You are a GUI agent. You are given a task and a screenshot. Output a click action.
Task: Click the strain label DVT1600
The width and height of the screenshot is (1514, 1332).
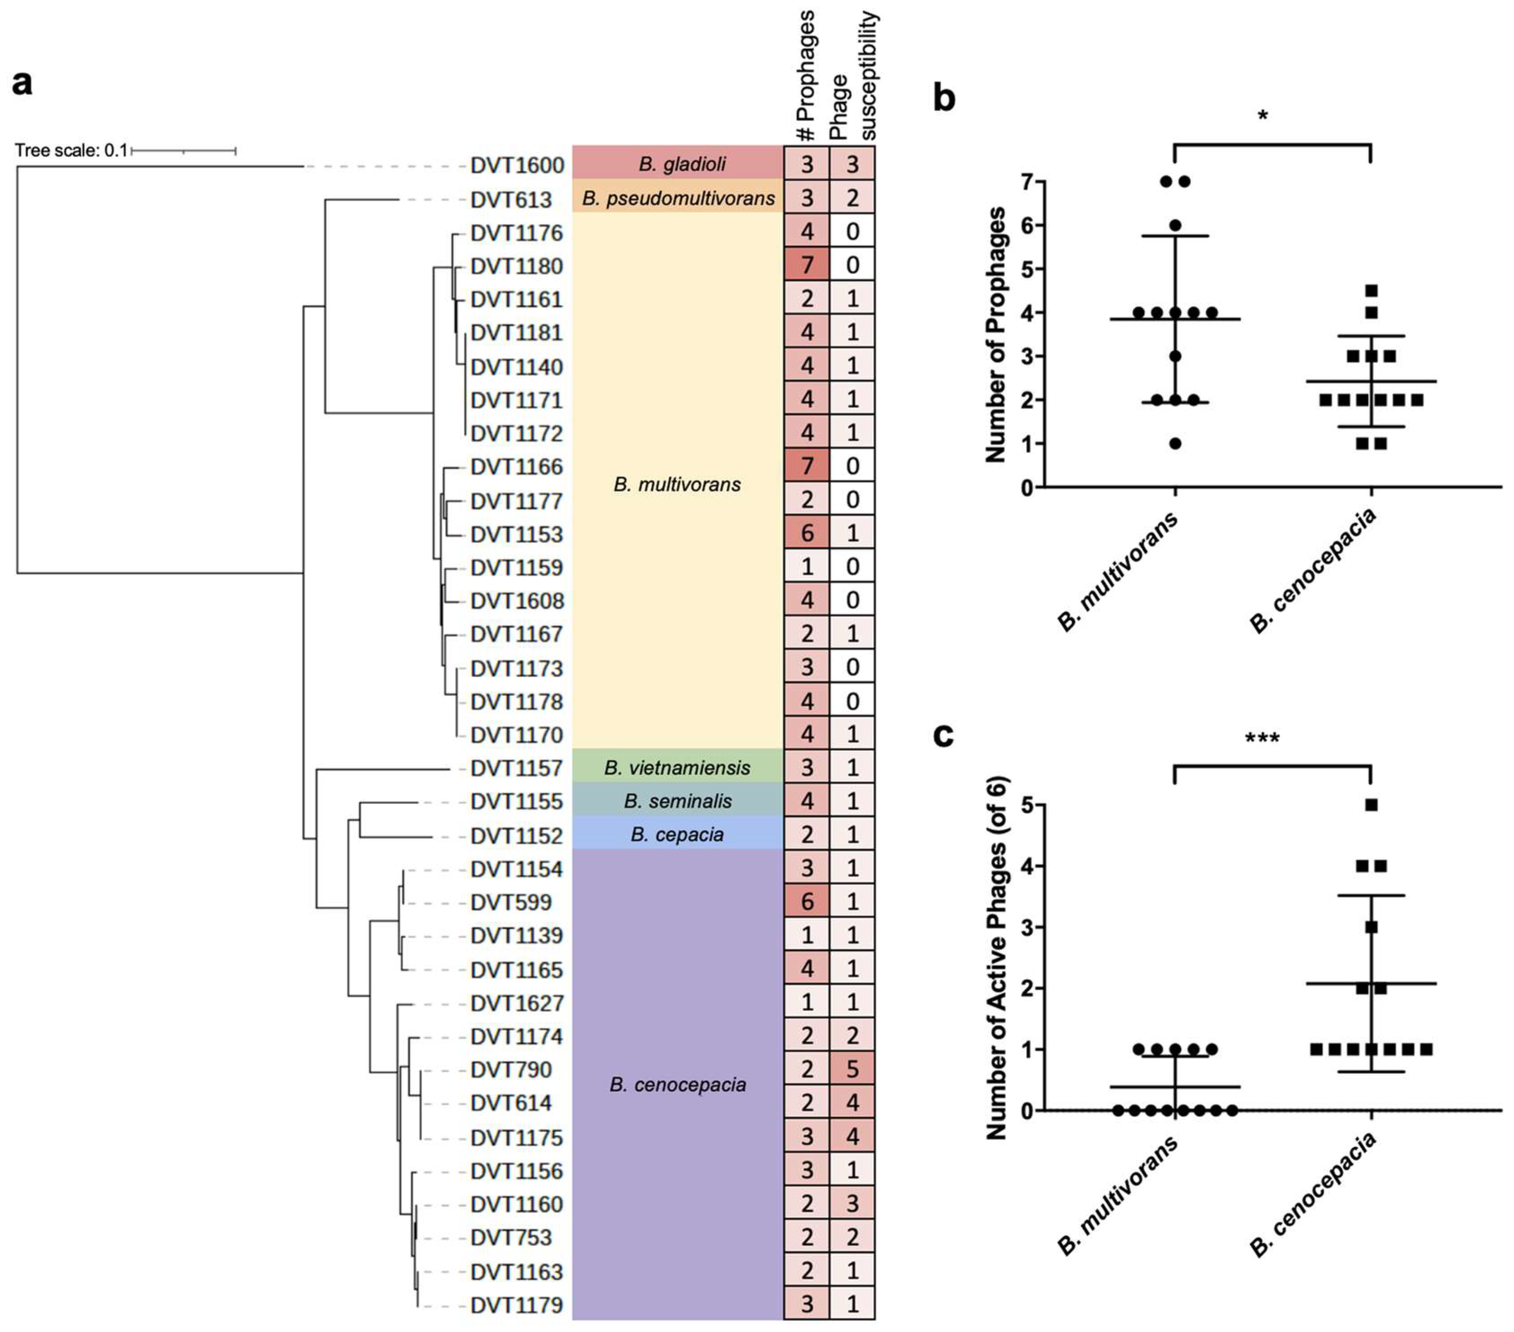(x=517, y=165)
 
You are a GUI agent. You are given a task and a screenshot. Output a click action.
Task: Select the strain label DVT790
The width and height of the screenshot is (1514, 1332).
(x=511, y=1070)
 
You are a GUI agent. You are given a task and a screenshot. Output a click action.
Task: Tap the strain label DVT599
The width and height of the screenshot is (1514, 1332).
(x=511, y=902)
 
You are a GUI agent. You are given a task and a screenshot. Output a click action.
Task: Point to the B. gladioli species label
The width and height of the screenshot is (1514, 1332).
(x=681, y=164)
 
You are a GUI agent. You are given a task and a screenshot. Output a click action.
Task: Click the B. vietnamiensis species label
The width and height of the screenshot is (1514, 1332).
(x=677, y=767)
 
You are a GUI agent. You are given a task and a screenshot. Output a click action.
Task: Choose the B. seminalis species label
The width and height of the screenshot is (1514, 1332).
(x=677, y=801)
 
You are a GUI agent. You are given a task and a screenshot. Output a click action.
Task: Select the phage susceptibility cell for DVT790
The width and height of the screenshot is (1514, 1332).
(x=853, y=1070)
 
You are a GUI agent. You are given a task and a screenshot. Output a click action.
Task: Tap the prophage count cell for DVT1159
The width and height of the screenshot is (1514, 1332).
(x=807, y=567)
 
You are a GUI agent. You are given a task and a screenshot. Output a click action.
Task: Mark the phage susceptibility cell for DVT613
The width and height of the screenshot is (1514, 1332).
(x=853, y=198)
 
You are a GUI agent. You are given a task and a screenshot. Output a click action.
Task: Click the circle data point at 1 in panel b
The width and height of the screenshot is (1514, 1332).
(x=1175, y=444)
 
